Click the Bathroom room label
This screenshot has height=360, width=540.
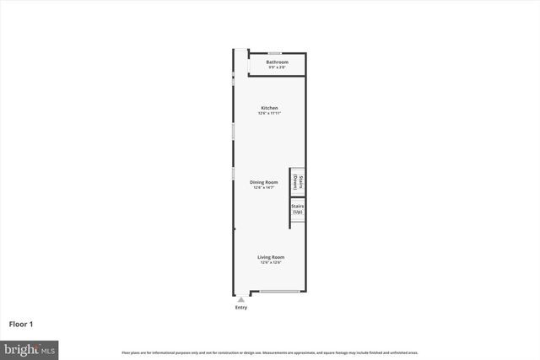(x=277, y=62)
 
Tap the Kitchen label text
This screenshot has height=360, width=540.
(x=269, y=108)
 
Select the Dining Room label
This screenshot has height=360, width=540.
(x=263, y=182)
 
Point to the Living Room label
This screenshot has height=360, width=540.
(x=270, y=256)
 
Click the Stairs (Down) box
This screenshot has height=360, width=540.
(x=297, y=180)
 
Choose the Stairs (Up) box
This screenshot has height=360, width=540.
(x=297, y=209)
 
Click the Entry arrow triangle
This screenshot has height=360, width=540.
(x=241, y=298)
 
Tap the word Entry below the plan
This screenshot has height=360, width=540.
(x=241, y=307)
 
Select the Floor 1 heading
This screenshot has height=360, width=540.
(x=21, y=323)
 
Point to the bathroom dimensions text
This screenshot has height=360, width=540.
(x=277, y=68)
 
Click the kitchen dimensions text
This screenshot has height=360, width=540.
(x=269, y=114)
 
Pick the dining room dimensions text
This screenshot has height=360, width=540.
(x=263, y=188)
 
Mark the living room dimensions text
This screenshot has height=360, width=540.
(x=270, y=262)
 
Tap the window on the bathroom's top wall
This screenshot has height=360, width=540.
(x=274, y=53)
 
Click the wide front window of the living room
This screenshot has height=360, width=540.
(x=279, y=292)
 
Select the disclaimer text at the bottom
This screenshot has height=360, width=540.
(x=270, y=352)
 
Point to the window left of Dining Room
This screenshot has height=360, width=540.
(x=234, y=172)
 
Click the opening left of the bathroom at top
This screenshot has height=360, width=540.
(x=240, y=51)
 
